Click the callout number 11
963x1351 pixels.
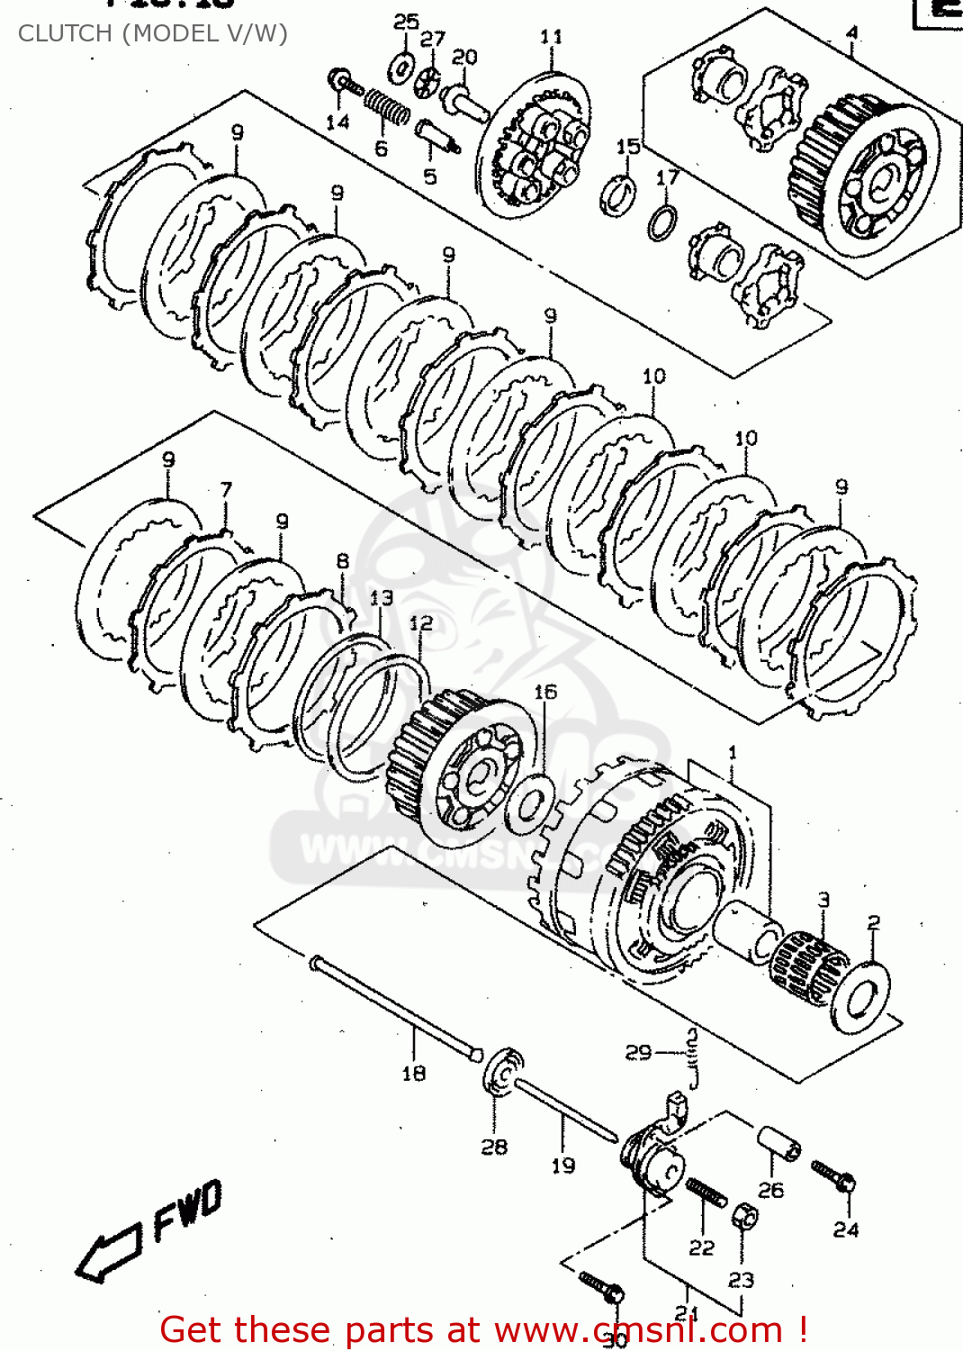coord(551,37)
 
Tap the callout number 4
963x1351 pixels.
coord(851,33)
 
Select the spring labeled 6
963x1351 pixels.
coord(387,108)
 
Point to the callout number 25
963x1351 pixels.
coord(406,21)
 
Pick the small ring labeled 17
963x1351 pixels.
coord(662,222)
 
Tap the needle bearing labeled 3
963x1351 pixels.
coord(807,967)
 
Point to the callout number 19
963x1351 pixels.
coord(562,1165)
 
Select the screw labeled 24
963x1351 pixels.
coord(833,1176)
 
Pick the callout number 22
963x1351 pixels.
coord(701,1247)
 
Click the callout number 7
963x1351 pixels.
coord(226,489)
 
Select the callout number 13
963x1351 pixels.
coord(382,597)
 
